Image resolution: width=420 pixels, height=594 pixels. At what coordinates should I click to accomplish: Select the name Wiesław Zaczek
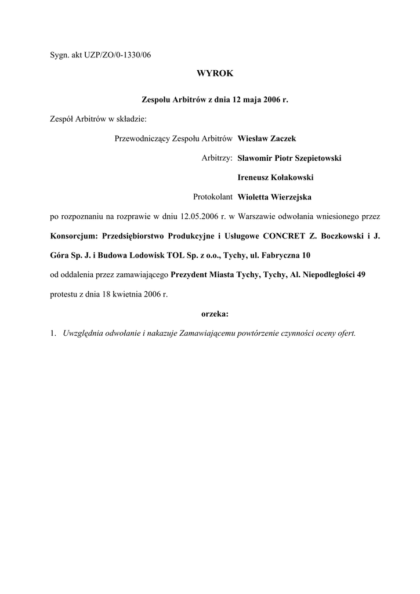(x=267, y=138)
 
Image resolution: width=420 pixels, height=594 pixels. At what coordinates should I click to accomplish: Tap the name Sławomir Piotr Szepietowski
(x=289, y=158)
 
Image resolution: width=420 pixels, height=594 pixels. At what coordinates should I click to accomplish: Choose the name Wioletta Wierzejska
(x=274, y=197)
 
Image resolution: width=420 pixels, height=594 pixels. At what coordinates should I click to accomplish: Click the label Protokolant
(x=212, y=197)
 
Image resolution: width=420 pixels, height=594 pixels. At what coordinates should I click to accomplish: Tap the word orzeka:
(x=215, y=314)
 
